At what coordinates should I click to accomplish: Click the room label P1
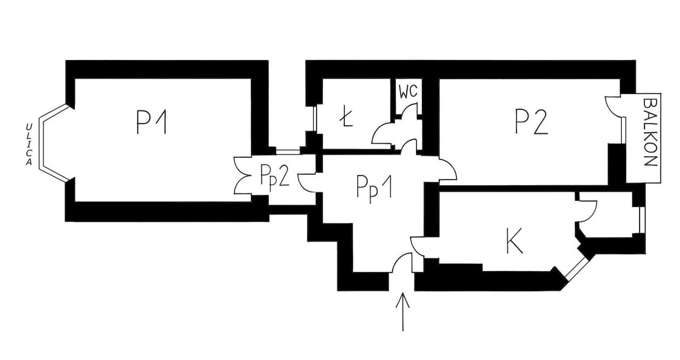click(151, 122)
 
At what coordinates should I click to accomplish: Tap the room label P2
click(532, 122)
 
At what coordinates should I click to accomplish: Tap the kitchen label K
click(514, 241)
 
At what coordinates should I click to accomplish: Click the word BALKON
click(650, 132)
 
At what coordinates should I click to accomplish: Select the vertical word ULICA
click(29, 144)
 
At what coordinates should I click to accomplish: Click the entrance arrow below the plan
click(403, 312)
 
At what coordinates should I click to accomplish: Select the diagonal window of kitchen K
click(577, 268)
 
